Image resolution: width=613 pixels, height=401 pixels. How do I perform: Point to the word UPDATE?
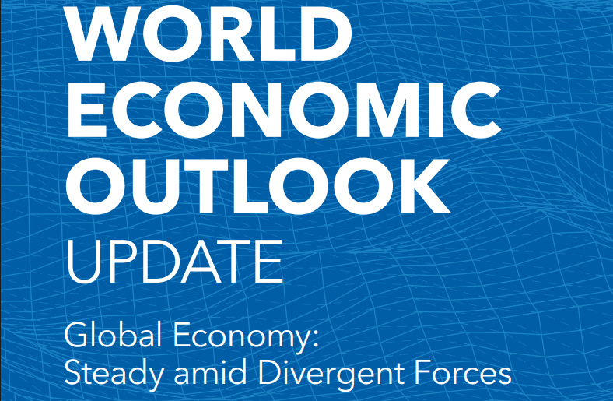click(x=173, y=262)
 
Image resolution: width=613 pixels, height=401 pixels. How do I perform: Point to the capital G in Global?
click(x=76, y=339)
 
